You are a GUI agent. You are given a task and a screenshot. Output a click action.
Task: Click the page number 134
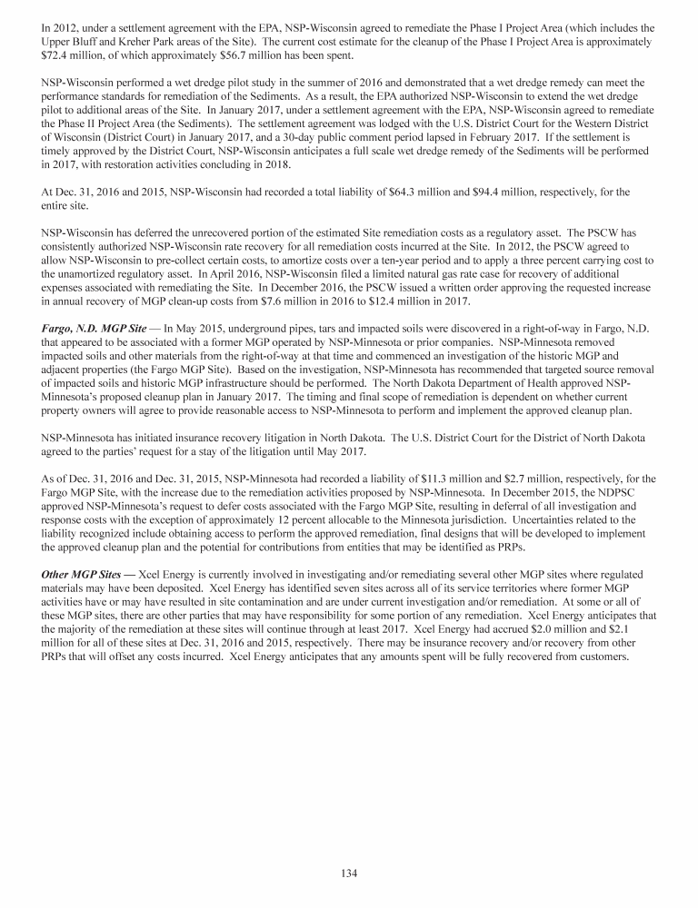tap(349, 873)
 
